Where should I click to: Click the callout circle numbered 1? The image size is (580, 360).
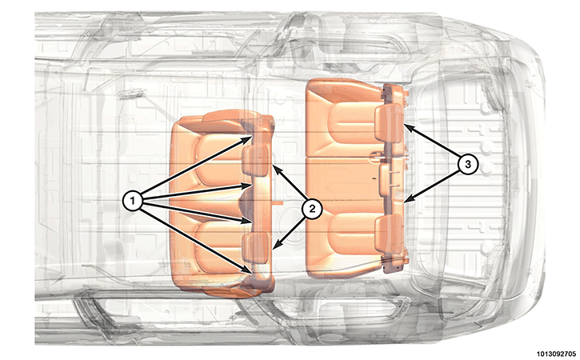click(x=133, y=202)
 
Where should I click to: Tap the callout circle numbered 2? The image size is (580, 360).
click(x=312, y=209)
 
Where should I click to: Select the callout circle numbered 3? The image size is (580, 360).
click(x=467, y=163)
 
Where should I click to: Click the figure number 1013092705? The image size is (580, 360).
click(x=557, y=354)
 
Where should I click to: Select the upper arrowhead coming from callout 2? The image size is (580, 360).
click(x=273, y=166)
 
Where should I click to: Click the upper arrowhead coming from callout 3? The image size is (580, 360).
click(x=404, y=124)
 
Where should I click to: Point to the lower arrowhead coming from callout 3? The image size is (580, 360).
click(x=404, y=202)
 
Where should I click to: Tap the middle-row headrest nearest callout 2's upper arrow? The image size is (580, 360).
click(x=255, y=159)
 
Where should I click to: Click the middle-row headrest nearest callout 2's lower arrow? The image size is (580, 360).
click(x=255, y=246)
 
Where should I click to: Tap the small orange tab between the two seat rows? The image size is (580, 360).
click(x=278, y=202)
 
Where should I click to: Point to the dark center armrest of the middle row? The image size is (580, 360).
click(x=246, y=202)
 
